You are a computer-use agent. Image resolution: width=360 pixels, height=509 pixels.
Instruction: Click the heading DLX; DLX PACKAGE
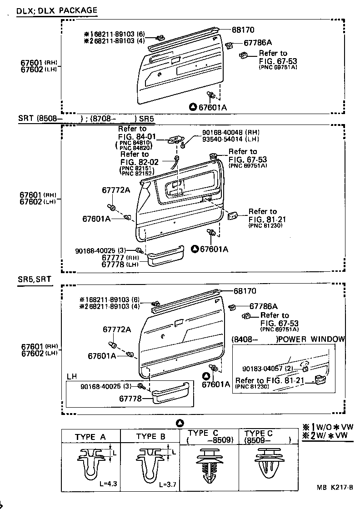click(57, 10)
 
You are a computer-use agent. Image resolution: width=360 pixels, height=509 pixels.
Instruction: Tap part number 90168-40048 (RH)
click(230, 132)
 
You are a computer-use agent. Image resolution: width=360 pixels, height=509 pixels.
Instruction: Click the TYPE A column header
click(90, 437)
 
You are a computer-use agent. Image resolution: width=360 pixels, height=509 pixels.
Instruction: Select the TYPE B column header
click(151, 437)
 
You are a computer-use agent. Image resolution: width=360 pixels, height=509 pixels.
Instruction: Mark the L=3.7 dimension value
click(168, 484)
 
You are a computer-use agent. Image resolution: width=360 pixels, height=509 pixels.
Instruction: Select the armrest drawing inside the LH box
click(170, 393)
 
